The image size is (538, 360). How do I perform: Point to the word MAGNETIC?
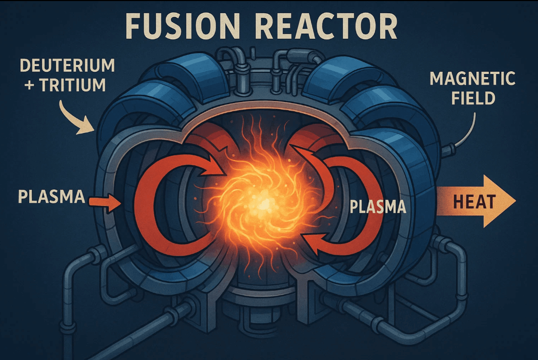[x=472, y=79]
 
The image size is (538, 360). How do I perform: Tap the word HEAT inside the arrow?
[x=475, y=202]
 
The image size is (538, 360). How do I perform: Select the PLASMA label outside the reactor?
[x=52, y=197]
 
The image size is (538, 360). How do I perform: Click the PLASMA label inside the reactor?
[x=378, y=206]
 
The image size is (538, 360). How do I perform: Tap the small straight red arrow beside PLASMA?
[x=104, y=202]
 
